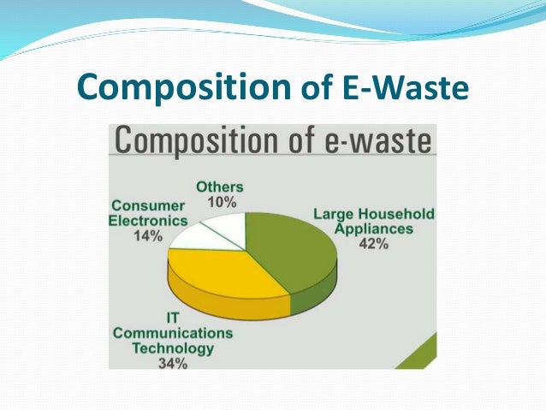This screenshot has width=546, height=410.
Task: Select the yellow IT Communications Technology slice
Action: pos(223,274)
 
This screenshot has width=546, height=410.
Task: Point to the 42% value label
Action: pos(374,243)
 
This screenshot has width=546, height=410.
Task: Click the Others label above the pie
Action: pos(220,187)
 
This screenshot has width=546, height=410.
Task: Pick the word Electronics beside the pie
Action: pos(147,221)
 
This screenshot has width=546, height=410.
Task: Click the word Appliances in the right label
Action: pos(373,229)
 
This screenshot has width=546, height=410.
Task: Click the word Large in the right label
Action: pos(334,214)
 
